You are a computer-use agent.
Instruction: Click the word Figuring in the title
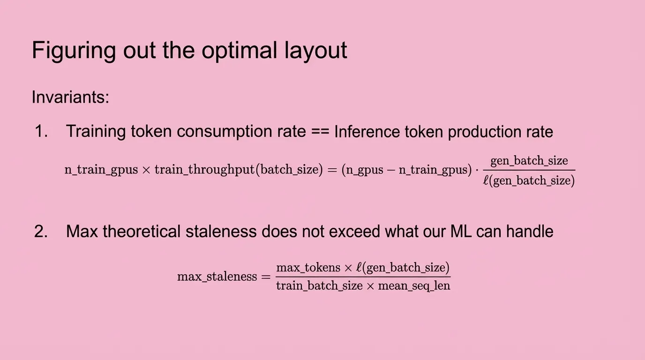74,51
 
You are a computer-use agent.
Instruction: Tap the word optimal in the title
239,51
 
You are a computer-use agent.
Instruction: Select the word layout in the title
315,51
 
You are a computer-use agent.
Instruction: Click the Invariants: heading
70,97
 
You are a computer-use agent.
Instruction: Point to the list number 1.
41,131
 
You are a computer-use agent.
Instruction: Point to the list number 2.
41,231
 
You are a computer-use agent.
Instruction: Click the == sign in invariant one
320,132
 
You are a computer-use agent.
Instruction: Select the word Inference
367,132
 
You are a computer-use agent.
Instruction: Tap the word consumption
241,132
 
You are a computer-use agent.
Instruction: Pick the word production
484,132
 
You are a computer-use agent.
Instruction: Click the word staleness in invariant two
221,231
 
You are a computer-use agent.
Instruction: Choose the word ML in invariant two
461,231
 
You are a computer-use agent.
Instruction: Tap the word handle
530,231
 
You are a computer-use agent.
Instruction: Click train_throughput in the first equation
205,169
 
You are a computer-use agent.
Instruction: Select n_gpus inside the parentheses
365,170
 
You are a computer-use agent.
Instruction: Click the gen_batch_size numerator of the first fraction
529,161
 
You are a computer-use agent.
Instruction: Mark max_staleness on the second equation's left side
217,277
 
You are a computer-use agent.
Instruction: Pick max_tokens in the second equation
308,268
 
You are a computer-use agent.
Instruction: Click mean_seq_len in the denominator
414,286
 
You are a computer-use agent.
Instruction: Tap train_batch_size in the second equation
319,286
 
